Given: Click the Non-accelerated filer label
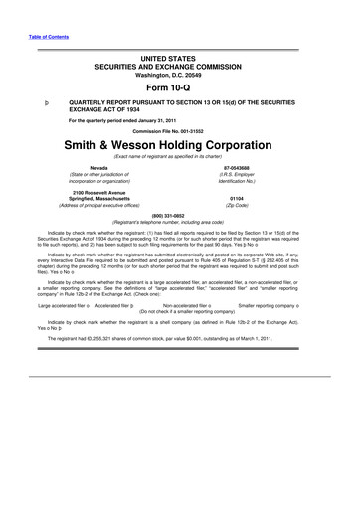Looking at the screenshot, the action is [186, 307].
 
